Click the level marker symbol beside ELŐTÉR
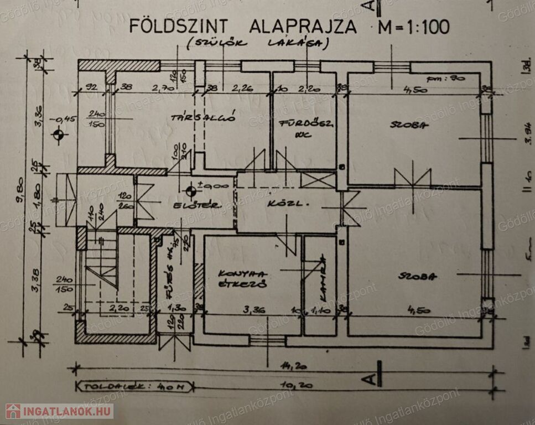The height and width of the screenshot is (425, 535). coord(190,191)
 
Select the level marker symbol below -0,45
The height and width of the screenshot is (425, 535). coord(58,134)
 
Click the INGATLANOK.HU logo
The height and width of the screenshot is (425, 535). coord(59,411)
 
